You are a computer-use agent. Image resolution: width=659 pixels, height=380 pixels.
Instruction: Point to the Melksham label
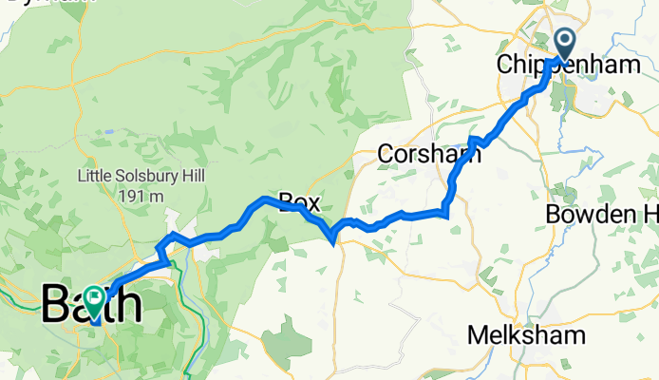click(x=526, y=335)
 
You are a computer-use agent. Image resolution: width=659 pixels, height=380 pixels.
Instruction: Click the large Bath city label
click(x=92, y=306)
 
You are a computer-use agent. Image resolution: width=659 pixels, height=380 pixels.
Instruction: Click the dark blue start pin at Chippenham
click(x=564, y=42)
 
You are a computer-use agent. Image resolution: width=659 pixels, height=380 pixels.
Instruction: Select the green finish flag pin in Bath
click(x=95, y=300)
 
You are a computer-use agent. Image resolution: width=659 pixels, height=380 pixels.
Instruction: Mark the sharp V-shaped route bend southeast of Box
click(x=333, y=237)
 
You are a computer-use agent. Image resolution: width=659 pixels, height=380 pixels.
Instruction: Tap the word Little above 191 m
click(x=94, y=177)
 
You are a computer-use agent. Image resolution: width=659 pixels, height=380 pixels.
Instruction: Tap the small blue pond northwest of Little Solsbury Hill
click(x=111, y=132)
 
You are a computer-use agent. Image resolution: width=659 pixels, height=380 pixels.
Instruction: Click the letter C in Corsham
click(x=385, y=152)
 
